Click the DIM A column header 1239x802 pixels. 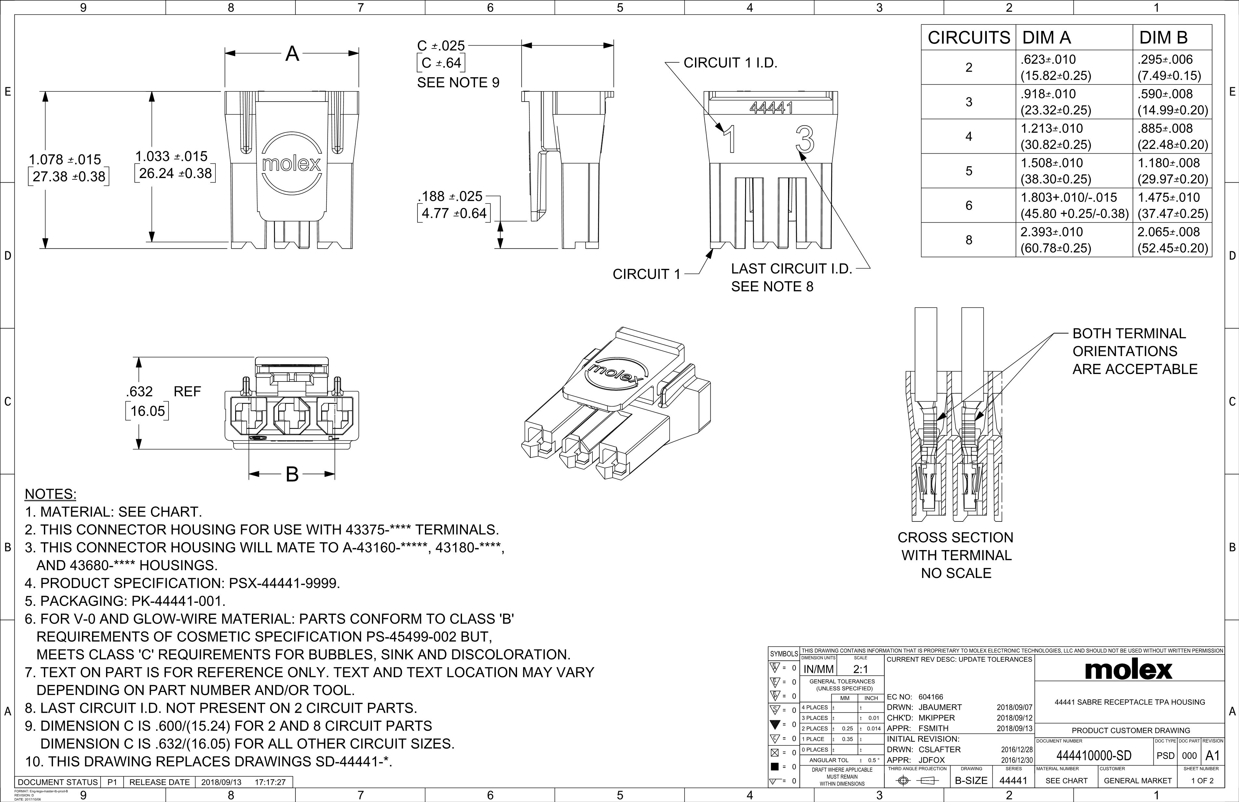pyautogui.click(x=1046, y=37)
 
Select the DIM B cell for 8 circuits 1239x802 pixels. pyautogui.click(x=1172, y=240)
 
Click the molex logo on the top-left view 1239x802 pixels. pyautogui.click(x=292, y=163)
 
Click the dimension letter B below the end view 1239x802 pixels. pyautogui.click(x=292, y=474)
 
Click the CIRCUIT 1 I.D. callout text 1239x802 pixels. pyautogui.click(x=730, y=63)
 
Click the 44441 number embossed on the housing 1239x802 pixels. pyautogui.click(x=771, y=108)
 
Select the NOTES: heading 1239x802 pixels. pyautogui.click(x=50, y=494)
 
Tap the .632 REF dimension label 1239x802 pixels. pyautogui.click(x=162, y=392)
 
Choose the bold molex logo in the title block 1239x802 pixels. pyautogui.click(x=1129, y=670)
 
